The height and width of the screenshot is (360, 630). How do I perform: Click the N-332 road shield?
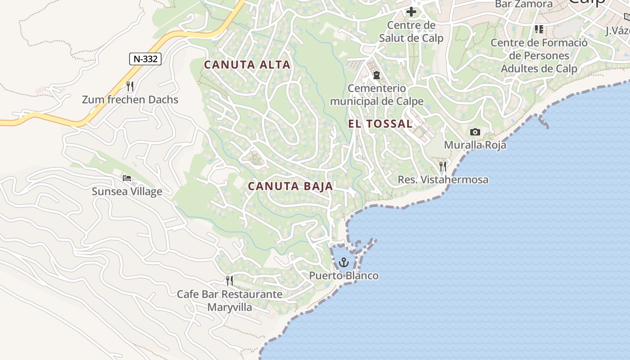(145, 58)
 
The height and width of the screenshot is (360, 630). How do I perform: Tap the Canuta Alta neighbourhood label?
(247, 65)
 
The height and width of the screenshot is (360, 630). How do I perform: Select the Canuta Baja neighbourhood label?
(290, 186)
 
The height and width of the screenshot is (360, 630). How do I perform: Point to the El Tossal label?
(380, 124)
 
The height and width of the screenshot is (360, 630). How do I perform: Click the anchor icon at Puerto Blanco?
(344, 262)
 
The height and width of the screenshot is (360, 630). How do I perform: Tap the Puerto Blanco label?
(344, 275)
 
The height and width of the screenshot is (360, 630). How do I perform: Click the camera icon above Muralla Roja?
(475, 132)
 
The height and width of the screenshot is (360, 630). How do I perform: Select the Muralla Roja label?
(475, 145)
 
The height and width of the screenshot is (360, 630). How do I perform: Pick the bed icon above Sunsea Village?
(127, 178)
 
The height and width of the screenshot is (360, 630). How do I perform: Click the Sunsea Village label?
(127, 192)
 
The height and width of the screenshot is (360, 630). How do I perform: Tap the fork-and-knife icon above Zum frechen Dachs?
(130, 86)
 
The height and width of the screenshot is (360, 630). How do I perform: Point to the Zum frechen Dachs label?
(130, 99)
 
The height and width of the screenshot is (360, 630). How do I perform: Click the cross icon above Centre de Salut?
(411, 12)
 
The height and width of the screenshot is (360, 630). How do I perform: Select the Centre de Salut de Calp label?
(411, 31)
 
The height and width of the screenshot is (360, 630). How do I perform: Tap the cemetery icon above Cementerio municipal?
(377, 75)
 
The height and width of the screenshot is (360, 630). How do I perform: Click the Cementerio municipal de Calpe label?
(377, 94)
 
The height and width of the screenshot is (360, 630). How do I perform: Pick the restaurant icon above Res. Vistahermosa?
(443, 166)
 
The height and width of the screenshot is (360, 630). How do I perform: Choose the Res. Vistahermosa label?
(443, 180)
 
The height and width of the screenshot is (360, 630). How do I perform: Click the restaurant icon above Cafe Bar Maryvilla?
(229, 281)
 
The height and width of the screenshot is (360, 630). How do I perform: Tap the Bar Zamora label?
(523, 4)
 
